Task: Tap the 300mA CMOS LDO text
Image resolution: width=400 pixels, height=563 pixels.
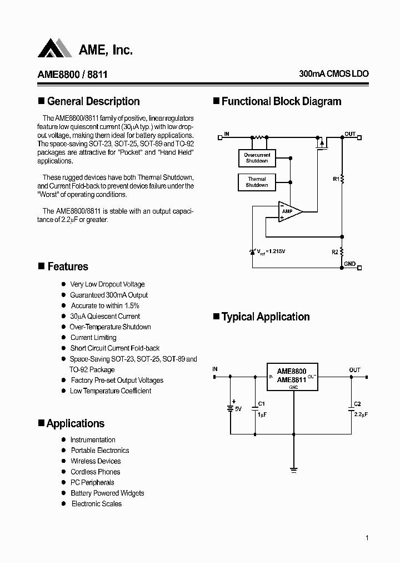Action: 333,74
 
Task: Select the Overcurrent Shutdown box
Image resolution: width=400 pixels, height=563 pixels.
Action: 257,157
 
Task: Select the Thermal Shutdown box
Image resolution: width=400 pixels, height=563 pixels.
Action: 257,182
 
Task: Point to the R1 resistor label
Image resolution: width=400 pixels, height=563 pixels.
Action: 336,179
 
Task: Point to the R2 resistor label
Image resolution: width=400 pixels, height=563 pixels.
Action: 335,252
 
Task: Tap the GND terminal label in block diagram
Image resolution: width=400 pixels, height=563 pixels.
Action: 349,264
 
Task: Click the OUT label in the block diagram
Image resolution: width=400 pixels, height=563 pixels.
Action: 349,134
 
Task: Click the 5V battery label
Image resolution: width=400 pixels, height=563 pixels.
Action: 239,409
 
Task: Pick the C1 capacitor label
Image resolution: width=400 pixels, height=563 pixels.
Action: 262,403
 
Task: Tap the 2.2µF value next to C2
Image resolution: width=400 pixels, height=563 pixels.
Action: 360,415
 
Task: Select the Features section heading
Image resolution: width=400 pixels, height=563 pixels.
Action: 67,266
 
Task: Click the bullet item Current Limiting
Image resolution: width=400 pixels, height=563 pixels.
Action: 93,338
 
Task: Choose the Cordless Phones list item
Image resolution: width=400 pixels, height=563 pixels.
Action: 95,472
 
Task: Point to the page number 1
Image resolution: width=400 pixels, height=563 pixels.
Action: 367,538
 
